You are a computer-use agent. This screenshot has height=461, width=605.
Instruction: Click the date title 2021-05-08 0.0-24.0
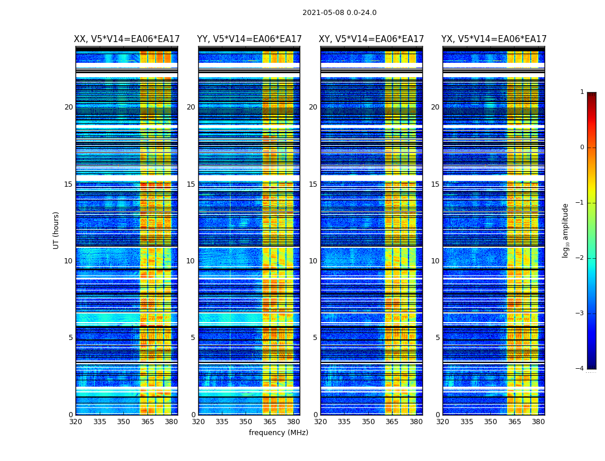339,13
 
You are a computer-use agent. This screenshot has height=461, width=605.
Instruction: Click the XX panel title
127,39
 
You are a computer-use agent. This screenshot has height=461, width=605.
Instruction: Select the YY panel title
249,39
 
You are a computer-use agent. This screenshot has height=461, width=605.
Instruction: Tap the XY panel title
372,39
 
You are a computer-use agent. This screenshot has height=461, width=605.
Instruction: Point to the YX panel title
494,39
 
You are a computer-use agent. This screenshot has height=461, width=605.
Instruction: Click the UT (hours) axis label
56,230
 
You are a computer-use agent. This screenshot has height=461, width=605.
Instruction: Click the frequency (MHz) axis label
278,433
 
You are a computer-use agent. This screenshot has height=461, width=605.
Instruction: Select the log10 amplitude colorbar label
566,230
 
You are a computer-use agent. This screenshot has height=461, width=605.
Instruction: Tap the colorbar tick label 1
581,92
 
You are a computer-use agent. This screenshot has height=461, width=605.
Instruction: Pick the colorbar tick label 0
581,148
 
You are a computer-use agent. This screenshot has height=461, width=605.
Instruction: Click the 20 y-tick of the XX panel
69,107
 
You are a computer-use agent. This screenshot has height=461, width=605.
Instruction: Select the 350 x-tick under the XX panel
123,422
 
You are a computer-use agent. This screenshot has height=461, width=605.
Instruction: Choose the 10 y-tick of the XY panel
313,261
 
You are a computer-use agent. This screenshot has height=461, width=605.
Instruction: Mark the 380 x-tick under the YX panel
538,422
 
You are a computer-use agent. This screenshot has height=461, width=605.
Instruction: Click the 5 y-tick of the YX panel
437,338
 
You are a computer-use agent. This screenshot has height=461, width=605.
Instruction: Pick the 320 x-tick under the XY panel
320,422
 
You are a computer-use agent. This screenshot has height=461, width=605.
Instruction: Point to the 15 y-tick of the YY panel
191,184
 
